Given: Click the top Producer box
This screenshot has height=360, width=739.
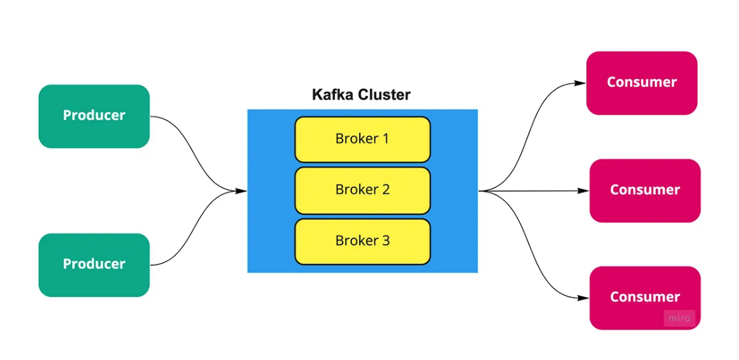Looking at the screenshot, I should [94, 116].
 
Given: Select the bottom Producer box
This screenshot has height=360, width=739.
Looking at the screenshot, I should [94, 265].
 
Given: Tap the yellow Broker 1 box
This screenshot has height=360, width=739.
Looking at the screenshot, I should [363, 140].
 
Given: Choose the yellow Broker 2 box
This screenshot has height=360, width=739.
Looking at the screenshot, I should [363, 190].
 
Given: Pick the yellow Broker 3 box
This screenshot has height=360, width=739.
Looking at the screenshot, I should [363, 241].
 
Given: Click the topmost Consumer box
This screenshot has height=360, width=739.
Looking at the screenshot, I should [641, 83].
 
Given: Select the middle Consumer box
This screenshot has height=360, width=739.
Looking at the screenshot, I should [644, 190].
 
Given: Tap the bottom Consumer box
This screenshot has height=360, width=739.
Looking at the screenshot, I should [644, 297].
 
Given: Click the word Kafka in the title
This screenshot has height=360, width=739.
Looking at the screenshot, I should [333, 95].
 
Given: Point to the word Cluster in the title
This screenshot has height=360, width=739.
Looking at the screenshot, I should [384, 95].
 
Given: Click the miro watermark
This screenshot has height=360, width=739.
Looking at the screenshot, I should [679, 318].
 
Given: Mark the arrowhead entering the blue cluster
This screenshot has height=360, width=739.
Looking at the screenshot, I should [241, 191].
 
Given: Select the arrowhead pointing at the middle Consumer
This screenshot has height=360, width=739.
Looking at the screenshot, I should [583, 191].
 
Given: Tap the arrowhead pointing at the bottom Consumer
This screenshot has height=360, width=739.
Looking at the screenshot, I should [583, 298].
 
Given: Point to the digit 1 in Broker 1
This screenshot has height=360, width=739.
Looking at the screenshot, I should [386, 139].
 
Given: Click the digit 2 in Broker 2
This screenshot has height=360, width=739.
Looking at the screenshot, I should [386, 190].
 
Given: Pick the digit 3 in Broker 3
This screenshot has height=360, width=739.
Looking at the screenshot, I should [386, 241].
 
